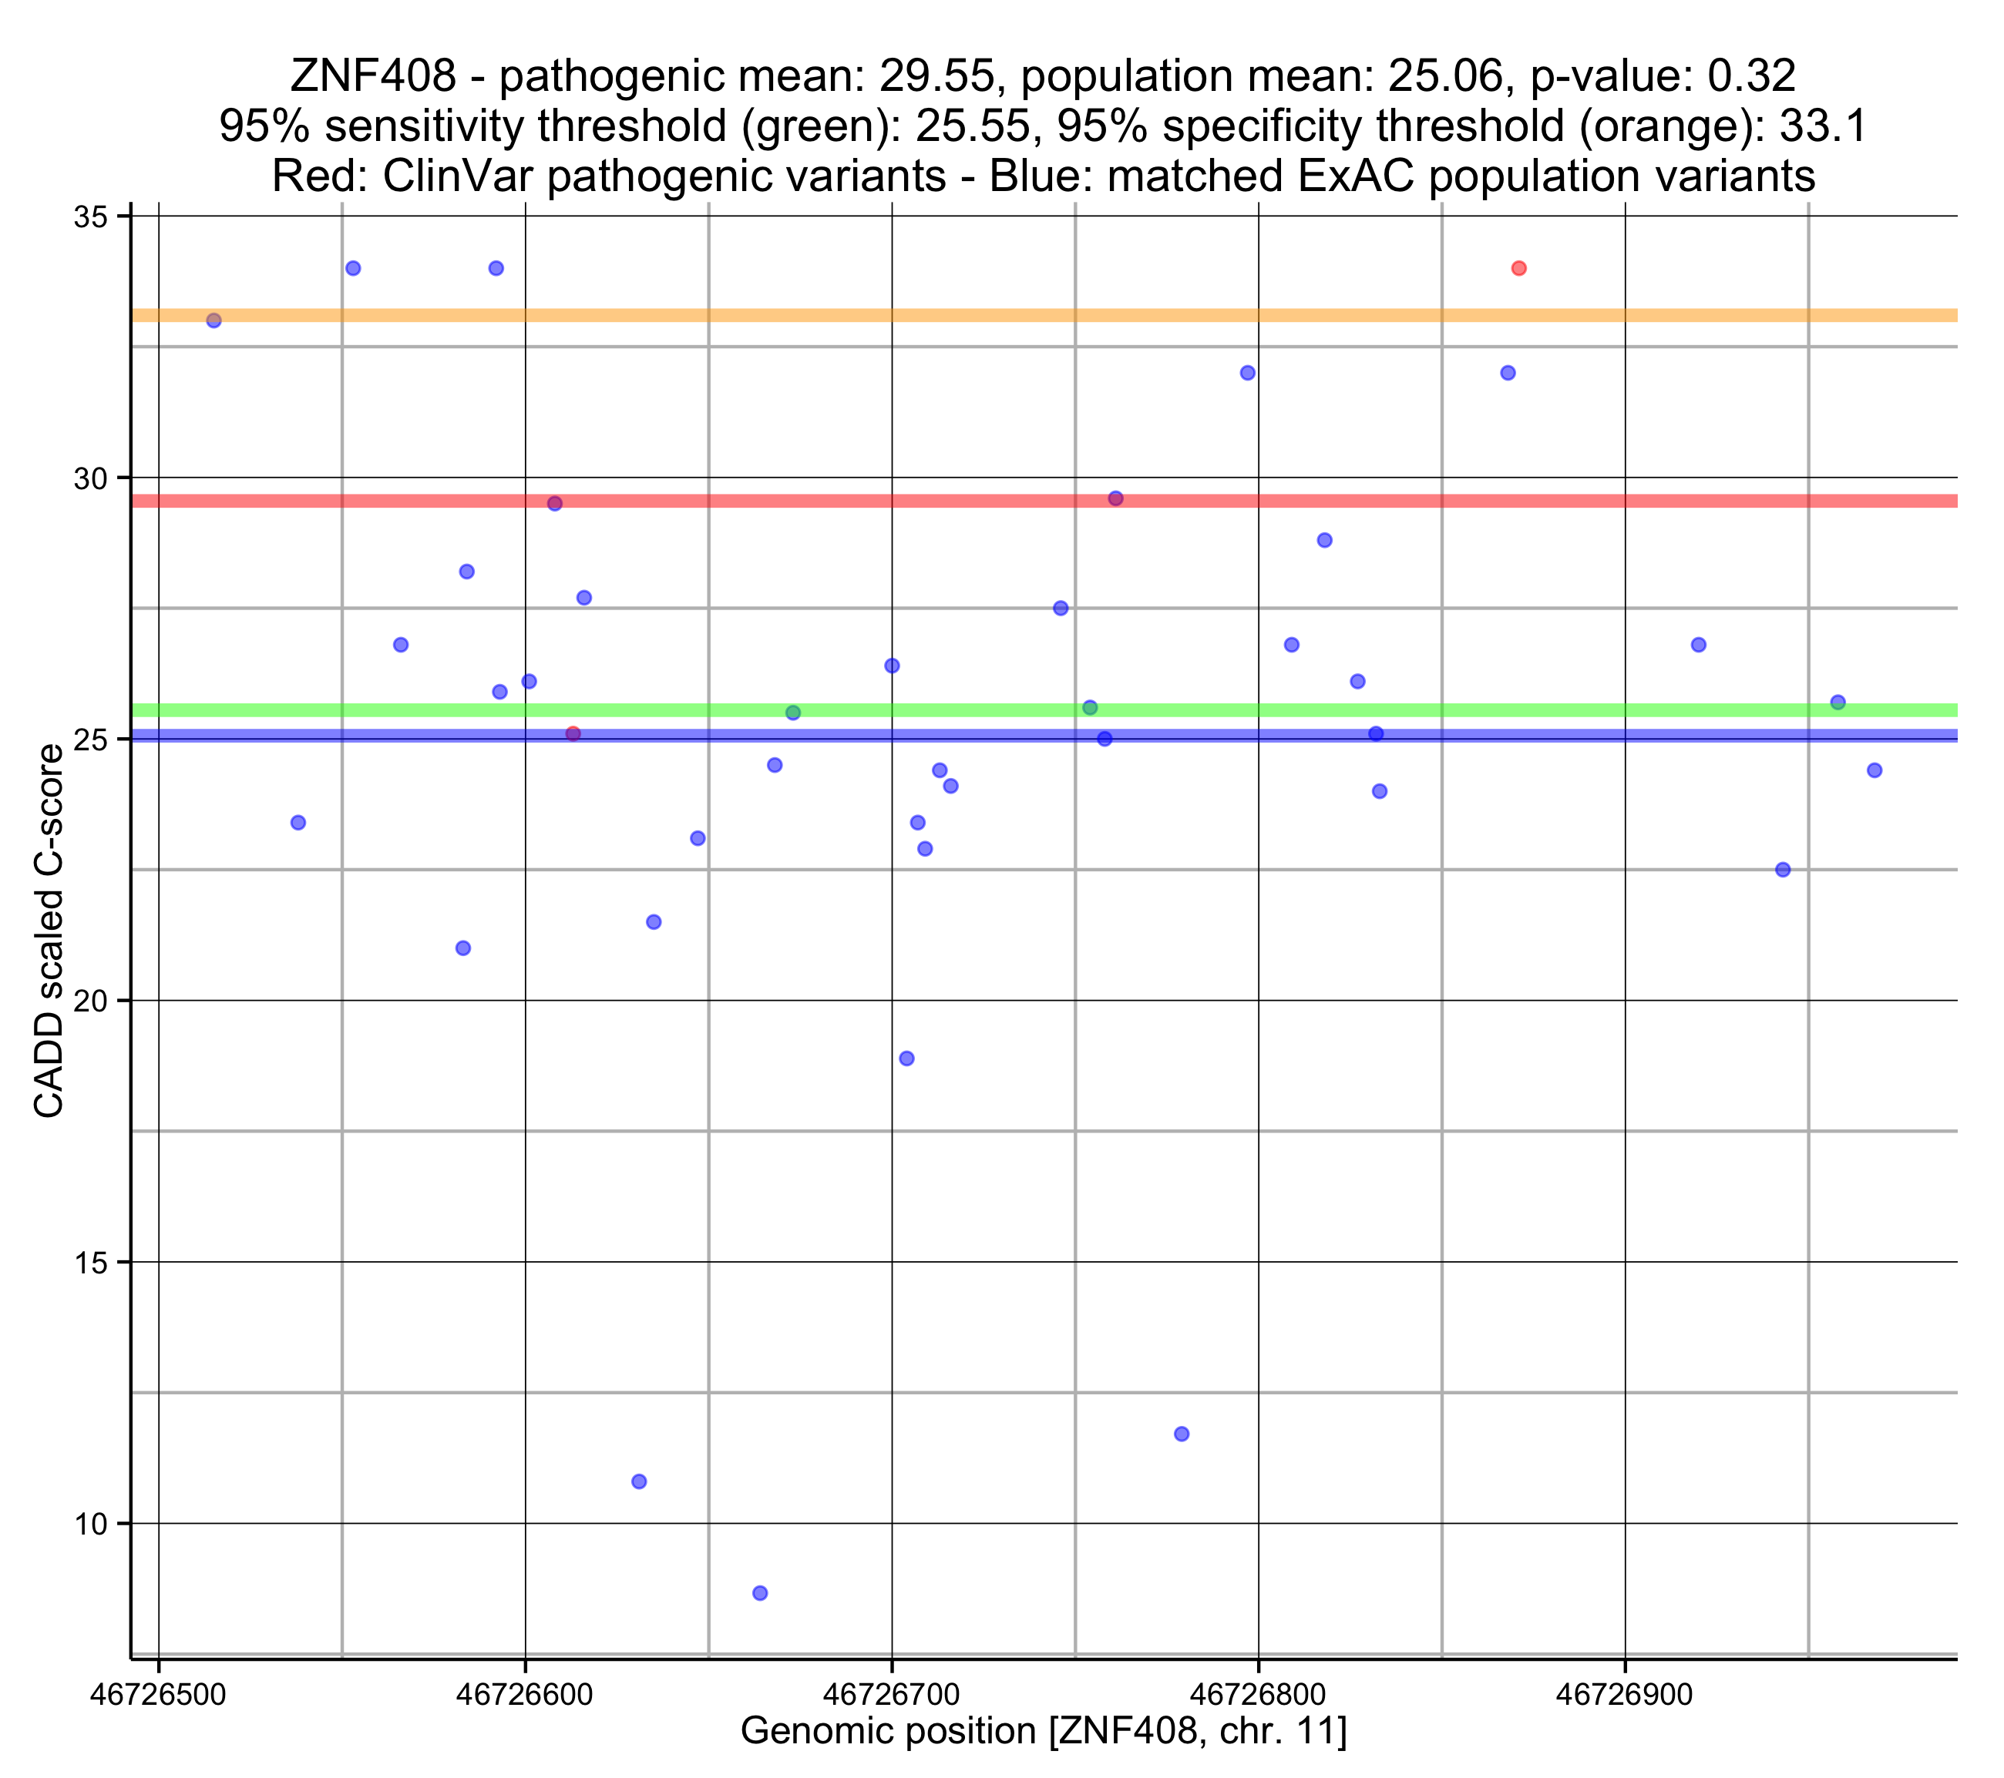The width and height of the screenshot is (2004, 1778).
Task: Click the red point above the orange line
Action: point(1518,269)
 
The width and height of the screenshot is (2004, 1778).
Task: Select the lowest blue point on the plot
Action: point(760,1593)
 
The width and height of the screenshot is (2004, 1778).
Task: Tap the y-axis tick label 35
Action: point(90,216)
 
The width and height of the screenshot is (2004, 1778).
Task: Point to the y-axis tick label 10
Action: point(90,1524)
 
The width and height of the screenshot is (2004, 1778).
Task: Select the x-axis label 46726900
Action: point(1625,1695)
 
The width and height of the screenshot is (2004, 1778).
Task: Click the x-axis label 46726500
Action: point(158,1695)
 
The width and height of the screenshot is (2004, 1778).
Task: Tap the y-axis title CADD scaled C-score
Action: point(49,931)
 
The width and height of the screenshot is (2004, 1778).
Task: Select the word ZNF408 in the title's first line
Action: point(372,76)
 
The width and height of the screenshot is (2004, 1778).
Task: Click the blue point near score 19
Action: point(907,1058)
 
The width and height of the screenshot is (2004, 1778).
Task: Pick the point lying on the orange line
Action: point(214,320)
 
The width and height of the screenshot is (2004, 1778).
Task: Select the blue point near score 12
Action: point(1182,1434)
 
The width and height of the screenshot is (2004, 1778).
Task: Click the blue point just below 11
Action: point(639,1481)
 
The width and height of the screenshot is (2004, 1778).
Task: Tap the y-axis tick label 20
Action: point(90,1001)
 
